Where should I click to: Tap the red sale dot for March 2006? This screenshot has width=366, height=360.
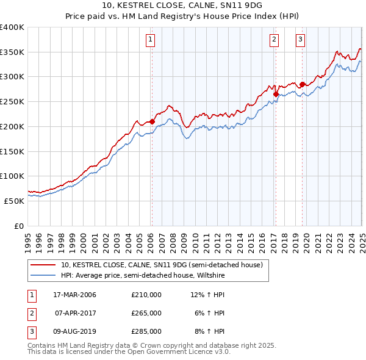[x=152, y=121]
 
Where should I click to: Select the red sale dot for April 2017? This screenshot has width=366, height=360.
[x=276, y=94]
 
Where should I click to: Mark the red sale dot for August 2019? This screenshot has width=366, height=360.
[x=302, y=84]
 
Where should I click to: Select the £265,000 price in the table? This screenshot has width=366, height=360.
[x=146, y=313]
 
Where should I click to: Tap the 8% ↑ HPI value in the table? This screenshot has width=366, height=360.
[x=210, y=331]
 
